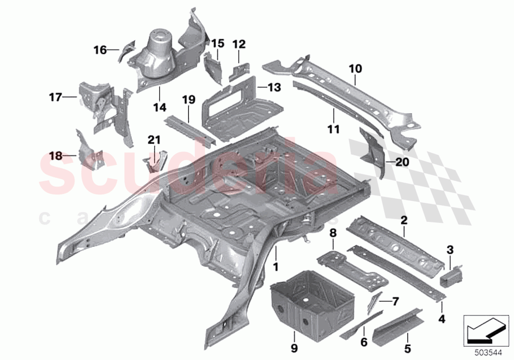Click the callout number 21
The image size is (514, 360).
154,140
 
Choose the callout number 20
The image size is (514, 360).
401,163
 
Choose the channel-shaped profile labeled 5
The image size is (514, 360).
396,321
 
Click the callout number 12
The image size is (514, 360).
239,44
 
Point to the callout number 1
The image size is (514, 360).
275,267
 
